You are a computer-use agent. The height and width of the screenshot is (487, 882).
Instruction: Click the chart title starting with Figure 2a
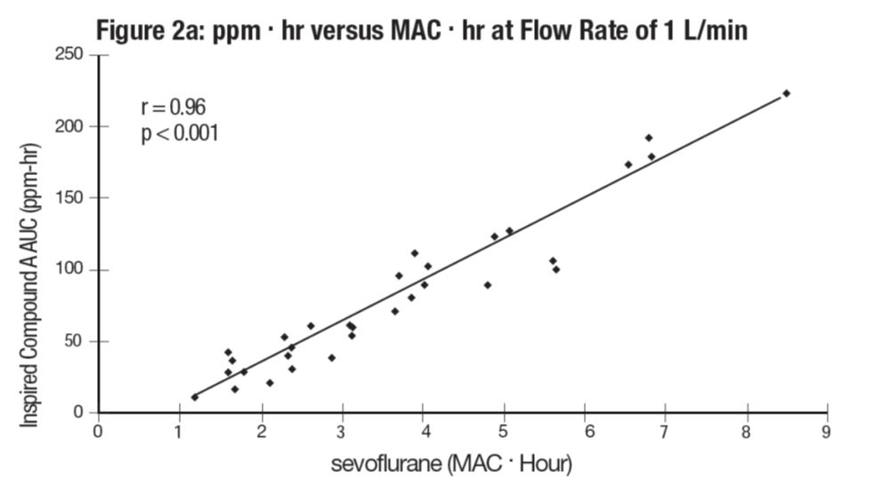422,29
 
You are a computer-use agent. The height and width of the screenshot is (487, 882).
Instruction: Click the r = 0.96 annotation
174,108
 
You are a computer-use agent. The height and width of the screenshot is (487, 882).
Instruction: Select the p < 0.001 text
180,134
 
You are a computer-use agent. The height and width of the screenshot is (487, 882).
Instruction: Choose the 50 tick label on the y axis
78,341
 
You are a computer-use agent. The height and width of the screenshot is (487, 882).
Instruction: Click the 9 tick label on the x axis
828,432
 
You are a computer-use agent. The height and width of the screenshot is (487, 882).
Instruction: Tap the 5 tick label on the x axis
504,432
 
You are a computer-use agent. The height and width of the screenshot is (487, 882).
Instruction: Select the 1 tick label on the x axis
179,432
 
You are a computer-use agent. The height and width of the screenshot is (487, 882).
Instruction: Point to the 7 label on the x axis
666,432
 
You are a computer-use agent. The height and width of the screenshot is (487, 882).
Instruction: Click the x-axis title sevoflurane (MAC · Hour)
451,464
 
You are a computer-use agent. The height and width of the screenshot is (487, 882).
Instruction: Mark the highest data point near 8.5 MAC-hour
786,93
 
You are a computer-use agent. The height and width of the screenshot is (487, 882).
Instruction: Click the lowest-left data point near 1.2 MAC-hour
195,397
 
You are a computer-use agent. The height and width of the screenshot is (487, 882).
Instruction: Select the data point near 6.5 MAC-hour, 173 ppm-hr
628,164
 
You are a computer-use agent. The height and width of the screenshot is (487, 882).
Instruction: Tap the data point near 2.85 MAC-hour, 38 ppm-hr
332,358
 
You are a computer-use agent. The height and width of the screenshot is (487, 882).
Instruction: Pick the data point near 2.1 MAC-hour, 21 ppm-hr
270,383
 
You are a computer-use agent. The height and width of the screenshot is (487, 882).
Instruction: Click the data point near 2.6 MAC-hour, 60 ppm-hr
311,326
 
